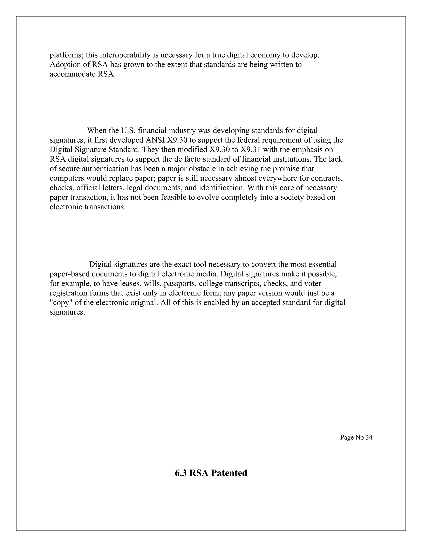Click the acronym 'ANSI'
154,140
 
